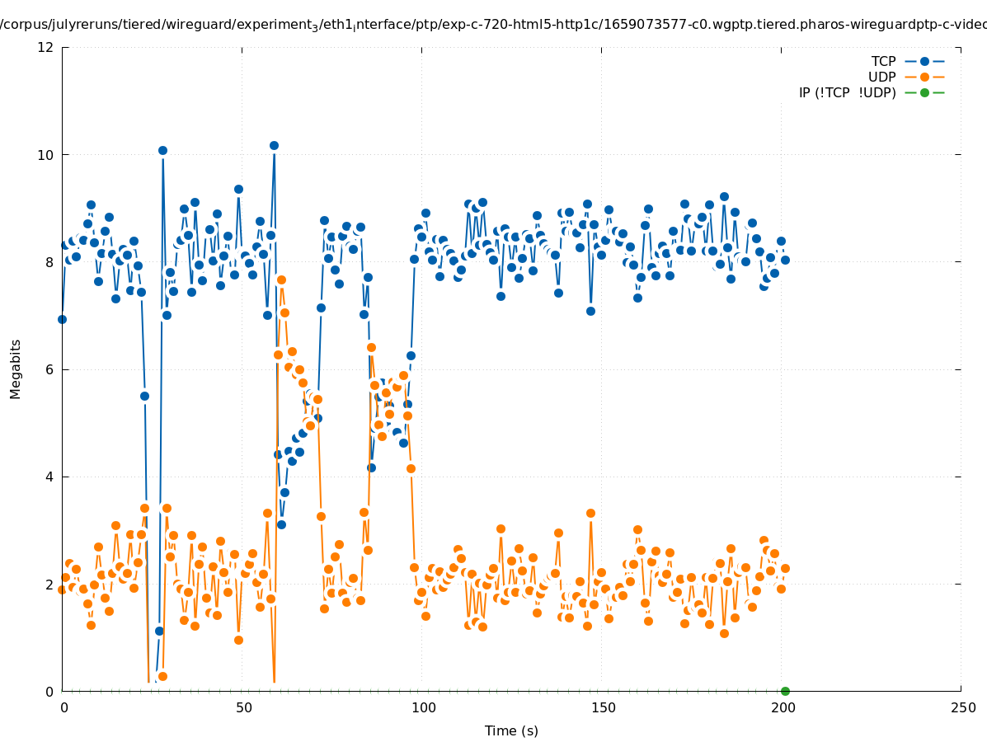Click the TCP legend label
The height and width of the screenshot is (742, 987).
coord(883,61)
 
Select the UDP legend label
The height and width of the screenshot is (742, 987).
coord(881,77)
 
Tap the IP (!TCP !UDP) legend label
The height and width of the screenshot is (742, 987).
coord(847,92)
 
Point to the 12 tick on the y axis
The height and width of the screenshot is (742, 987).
coord(46,47)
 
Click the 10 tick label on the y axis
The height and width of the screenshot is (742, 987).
coord(46,155)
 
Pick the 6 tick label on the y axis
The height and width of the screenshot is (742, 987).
coord(49,369)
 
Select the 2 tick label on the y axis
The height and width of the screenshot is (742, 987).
coord(49,584)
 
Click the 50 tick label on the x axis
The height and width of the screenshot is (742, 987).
coord(242,707)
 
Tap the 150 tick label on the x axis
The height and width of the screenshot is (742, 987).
coord(603,707)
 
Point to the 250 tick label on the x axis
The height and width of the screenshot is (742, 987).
coord(962,707)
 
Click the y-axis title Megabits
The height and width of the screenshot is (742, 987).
coord(16,369)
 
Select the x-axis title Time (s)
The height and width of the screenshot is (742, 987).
coord(511,730)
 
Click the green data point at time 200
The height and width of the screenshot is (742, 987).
coord(785,691)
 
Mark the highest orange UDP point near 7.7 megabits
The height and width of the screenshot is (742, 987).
coord(281,279)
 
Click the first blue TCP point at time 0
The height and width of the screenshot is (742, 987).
coord(62,319)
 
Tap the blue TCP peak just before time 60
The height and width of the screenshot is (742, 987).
coord(274,145)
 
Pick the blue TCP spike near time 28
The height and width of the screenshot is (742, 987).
coord(162,150)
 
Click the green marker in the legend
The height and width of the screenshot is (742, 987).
coord(924,92)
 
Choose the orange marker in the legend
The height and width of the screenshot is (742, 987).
coord(924,77)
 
